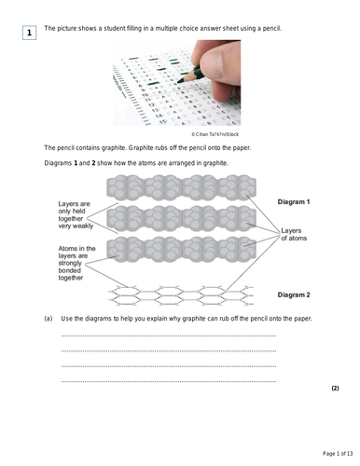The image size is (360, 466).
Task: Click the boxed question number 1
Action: tap(29, 33)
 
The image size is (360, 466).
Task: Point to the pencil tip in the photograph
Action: tap(178, 82)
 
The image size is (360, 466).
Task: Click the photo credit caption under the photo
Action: tap(215, 134)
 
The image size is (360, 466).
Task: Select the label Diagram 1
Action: tap(294, 202)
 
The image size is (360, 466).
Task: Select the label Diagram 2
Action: tap(294, 295)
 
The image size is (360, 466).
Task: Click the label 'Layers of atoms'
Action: tap(294, 235)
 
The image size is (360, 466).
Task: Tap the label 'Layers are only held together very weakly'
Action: tap(76, 215)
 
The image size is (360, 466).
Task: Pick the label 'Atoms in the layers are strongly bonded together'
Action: tap(76, 263)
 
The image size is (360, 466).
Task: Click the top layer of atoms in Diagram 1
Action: tap(182, 187)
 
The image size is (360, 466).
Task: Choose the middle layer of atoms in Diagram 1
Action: tap(182, 218)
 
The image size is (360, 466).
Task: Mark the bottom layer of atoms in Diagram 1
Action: tap(182, 249)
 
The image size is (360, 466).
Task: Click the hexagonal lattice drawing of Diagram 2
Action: tap(181, 295)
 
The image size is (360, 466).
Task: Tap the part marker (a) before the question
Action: tap(48, 319)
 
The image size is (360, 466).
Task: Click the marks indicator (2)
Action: tap(335, 388)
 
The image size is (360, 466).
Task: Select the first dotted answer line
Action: tap(169, 336)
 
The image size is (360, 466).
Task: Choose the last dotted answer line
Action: tap(169, 381)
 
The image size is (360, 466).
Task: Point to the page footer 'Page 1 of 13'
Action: tap(338, 454)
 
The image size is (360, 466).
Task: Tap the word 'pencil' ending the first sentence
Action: tap(272, 29)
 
